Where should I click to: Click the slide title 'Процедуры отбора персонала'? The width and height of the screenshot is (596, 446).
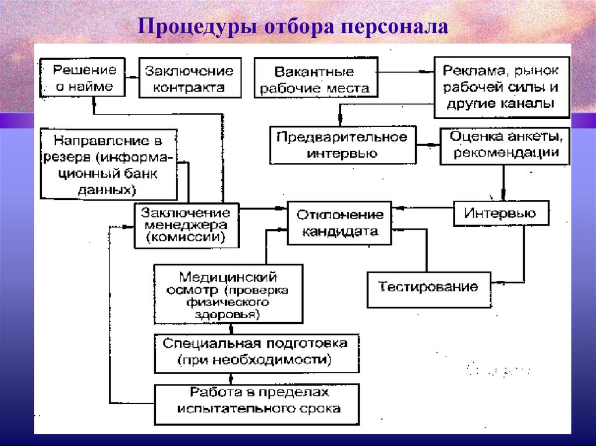tap(293, 27)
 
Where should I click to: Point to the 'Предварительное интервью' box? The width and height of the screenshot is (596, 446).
tap(342, 145)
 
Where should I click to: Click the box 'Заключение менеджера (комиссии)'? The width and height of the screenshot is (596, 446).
tap(186, 225)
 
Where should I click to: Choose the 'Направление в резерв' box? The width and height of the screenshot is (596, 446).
tap(108, 165)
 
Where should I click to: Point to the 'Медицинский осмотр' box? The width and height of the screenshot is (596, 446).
tap(228, 294)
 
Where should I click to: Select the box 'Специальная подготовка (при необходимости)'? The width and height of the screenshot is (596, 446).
tap(256, 352)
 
